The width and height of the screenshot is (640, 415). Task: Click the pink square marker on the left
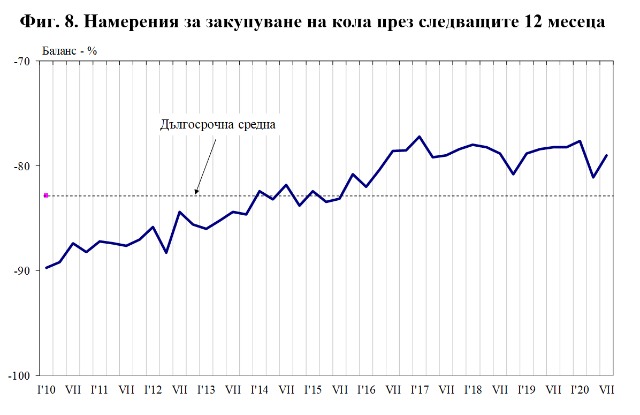tap(46, 195)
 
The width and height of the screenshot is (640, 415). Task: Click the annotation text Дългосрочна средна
tap(218, 125)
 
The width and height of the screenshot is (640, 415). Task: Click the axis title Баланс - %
tap(69, 51)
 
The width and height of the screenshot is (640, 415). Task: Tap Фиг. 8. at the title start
tap(50, 23)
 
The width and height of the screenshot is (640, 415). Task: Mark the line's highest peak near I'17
tap(420, 137)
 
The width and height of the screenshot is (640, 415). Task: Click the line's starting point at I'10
tap(47, 268)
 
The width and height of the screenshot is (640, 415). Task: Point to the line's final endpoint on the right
tap(606, 155)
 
